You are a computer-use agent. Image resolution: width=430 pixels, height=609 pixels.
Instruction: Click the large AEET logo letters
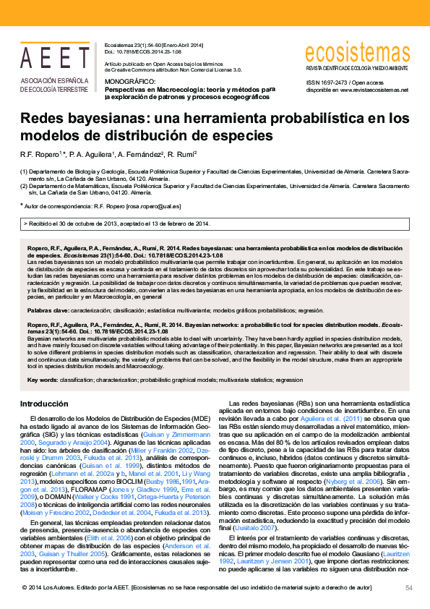pyautogui.click(x=54, y=58)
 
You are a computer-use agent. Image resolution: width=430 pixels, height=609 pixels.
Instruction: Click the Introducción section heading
pyautogui.click(x=44, y=404)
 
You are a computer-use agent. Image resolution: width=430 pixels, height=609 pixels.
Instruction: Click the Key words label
pyautogui.click(x=42, y=380)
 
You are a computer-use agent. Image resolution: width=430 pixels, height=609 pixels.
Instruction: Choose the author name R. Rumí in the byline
pyautogui.click(x=184, y=154)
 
